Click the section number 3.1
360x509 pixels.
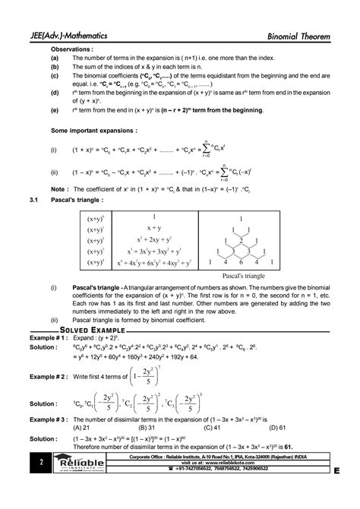[32, 201]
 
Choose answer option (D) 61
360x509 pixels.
[284, 428]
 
